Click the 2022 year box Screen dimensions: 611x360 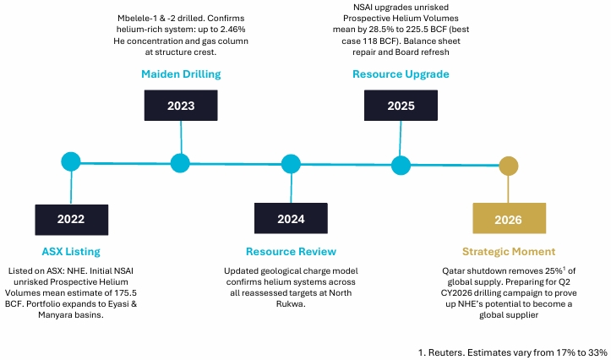click(71, 220)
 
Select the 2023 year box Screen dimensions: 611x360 click(181, 105)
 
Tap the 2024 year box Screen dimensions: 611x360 click(291, 218)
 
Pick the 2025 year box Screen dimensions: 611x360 click(401, 105)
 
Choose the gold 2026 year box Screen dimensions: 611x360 click(509, 218)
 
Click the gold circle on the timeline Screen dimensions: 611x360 click(509, 166)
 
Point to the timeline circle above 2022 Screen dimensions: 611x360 click(71, 161)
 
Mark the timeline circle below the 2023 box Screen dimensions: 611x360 click(180, 163)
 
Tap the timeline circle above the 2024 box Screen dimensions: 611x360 click(291, 164)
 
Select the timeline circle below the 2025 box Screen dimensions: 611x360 click(401, 165)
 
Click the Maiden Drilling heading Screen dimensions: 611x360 click(181, 74)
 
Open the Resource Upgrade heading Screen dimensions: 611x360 click(401, 74)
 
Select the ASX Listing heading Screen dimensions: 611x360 click(71, 252)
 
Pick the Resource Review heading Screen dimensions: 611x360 click(291, 252)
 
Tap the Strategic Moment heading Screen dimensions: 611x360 click(509, 252)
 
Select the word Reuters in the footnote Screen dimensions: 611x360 click(446, 353)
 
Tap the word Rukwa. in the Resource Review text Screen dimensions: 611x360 click(291, 304)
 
